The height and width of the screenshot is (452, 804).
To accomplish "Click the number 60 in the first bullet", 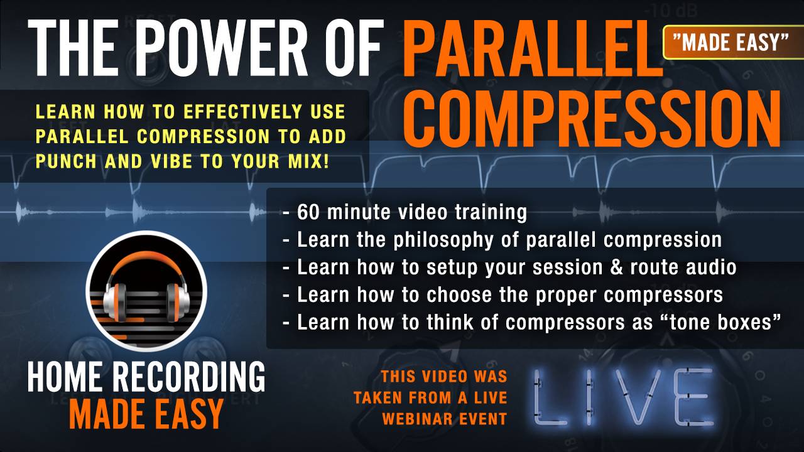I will pos(308,212).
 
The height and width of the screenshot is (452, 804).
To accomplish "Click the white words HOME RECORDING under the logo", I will pos(146,378).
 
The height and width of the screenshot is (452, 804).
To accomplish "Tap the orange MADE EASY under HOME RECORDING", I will pos(146,414).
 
